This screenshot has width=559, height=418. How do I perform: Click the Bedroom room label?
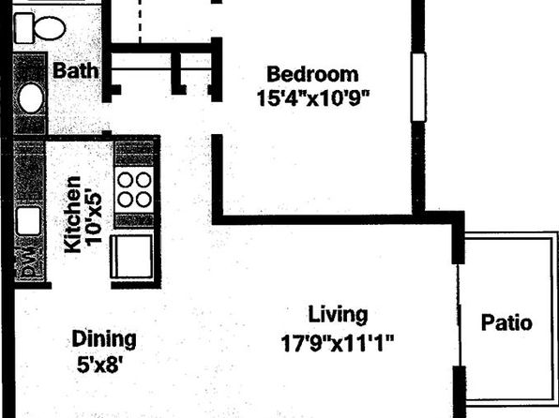point(312,74)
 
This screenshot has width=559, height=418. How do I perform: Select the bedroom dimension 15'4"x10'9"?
point(313,98)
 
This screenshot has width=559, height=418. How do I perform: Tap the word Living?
point(338,315)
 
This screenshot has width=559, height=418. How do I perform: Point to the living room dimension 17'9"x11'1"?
point(338,343)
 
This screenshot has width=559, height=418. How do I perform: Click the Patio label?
point(506,322)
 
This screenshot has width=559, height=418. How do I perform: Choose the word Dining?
point(104,339)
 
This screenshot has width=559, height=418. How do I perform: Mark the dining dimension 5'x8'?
point(102,365)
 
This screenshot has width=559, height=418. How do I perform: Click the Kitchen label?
point(73,215)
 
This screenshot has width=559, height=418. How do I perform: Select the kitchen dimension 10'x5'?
point(94,218)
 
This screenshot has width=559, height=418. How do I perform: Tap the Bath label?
point(75,70)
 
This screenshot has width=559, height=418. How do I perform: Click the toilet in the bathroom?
point(39,28)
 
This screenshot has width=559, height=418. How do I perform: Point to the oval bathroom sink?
point(31,98)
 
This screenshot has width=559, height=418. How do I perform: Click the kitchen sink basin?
point(28,221)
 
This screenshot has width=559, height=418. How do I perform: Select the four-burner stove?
point(135,190)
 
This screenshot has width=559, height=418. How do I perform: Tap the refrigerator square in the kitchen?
point(131,256)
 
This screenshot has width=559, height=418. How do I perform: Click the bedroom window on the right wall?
point(418,87)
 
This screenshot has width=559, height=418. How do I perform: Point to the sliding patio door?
point(459,315)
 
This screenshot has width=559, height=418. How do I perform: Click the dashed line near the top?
point(140,22)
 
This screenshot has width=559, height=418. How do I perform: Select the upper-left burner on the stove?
point(126,180)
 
